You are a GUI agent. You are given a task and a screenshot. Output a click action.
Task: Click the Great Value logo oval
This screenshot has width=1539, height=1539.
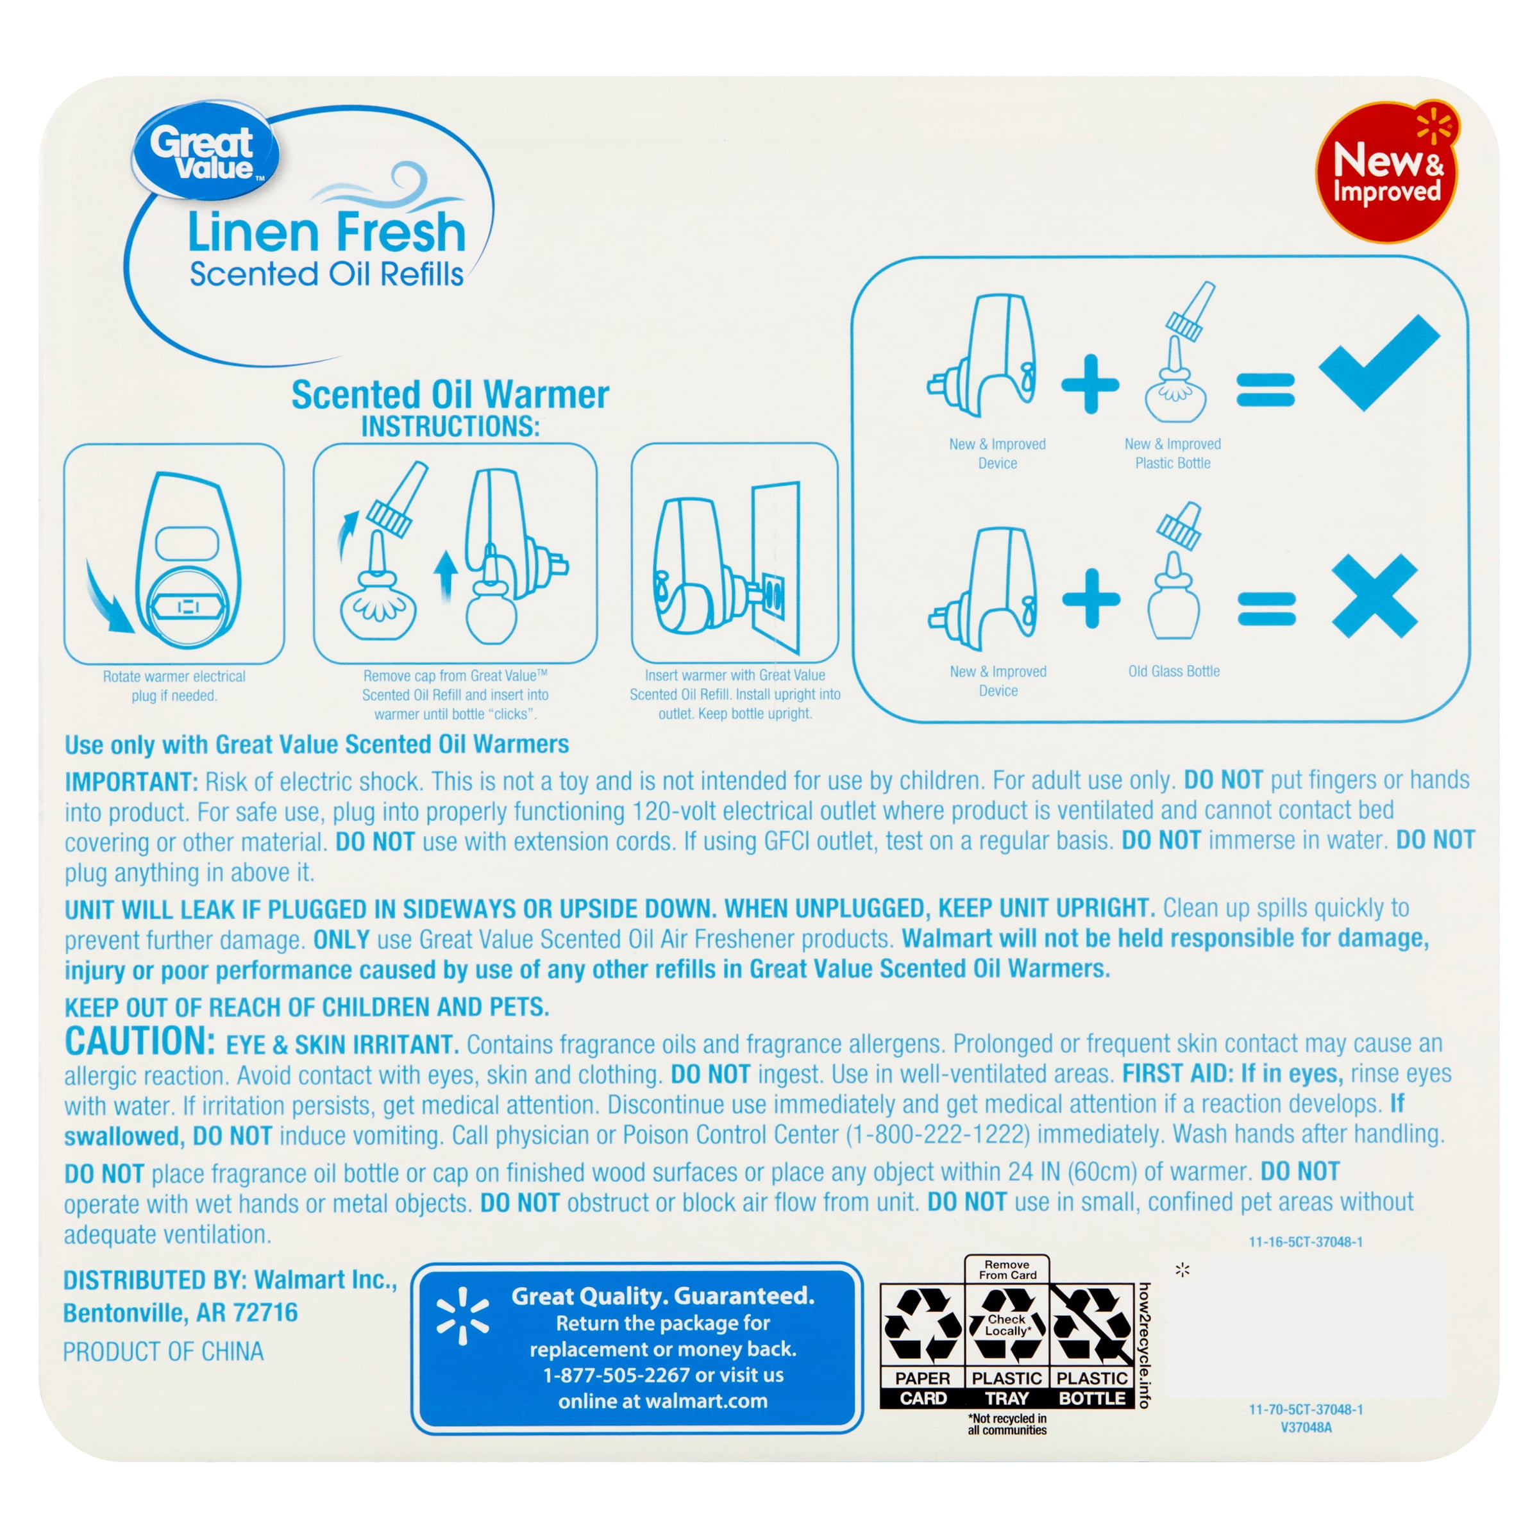tap(205, 151)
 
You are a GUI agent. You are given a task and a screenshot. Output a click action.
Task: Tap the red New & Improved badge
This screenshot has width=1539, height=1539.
tap(1386, 171)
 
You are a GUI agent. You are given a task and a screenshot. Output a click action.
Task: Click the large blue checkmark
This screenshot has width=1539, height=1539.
tap(1379, 362)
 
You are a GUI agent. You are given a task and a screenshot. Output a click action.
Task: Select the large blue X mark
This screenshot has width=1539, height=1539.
tap(1374, 596)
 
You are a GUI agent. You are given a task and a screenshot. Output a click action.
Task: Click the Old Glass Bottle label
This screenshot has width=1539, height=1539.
tap(1173, 671)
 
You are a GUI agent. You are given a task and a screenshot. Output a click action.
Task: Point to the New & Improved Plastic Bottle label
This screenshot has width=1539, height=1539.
tap(1173, 453)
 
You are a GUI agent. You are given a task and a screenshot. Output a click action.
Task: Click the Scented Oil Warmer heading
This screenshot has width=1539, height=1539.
tap(450, 395)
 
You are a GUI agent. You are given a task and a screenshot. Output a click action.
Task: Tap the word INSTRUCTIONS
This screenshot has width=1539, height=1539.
tap(450, 427)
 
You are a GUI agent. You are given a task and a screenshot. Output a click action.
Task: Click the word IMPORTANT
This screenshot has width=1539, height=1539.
tap(131, 782)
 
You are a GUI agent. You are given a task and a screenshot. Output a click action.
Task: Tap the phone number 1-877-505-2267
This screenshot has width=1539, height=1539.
tap(616, 1375)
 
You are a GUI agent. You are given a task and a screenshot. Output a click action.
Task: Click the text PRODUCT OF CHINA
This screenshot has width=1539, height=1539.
tap(164, 1352)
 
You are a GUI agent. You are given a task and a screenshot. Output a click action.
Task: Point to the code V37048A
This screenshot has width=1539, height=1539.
tap(1306, 1427)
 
